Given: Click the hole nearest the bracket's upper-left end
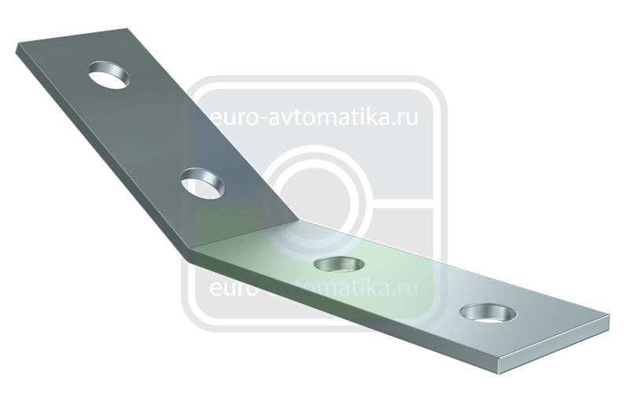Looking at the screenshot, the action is coord(109,75).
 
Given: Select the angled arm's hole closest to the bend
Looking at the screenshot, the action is coord(202,184).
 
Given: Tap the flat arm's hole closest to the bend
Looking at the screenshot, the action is coord(339,264).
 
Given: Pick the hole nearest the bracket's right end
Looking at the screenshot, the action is coord(488,313).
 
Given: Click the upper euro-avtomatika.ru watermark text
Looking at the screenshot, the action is coord(313,117).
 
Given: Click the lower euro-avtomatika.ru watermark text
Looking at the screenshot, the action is coord(313,287).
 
